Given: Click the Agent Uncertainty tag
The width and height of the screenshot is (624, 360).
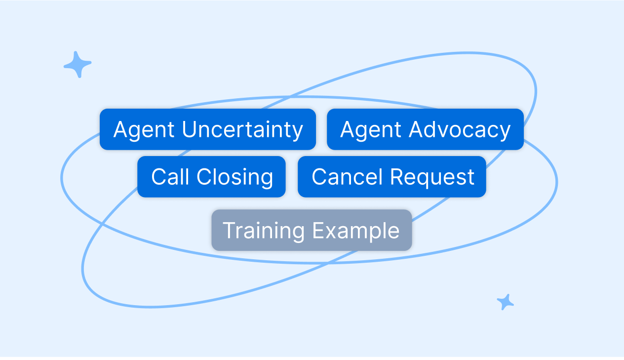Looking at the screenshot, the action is (x=208, y=129).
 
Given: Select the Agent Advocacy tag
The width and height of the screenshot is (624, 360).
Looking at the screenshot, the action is (x=425, y=129).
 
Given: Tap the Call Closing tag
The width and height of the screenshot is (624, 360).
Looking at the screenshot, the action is (x=211, y=177).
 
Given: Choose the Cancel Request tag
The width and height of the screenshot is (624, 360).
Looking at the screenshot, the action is (x=392, y=177).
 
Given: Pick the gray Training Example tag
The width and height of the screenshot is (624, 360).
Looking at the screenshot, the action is (x=312, y=230).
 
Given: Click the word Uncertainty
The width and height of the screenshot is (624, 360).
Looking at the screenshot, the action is (x=242, y=129).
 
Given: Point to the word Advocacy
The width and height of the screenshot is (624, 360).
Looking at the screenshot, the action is (x=460, y=129).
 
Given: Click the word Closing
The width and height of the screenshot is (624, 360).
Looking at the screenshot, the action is (x=235, y=177).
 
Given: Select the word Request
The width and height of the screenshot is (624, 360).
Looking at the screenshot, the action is (x=432, y=177).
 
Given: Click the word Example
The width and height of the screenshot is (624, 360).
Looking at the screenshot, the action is (x=356, y=231).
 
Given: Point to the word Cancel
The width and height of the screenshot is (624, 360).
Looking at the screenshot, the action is (x=347, y=177).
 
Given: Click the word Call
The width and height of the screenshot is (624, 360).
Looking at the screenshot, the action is (x=170, y=177).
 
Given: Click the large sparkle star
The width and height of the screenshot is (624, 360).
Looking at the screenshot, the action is (x=78, y=65).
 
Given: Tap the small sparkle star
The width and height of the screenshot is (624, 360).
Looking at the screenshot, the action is (x=505, y=302).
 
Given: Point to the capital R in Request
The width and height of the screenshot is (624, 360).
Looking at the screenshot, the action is (x=397, y=177).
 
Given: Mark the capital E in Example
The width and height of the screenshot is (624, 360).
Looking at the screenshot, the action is (x=319, y=230).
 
